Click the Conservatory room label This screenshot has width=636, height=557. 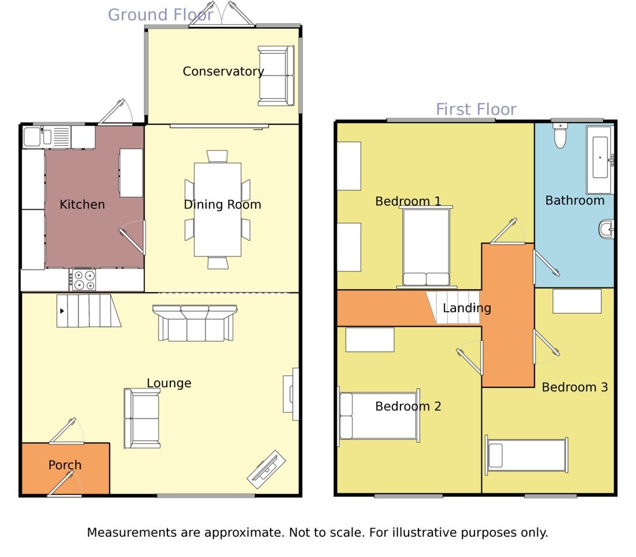coord(223,72)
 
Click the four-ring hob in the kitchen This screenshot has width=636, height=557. coord(84,280)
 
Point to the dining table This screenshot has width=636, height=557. coord(218,209)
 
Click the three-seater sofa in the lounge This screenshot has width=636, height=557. coord(194,324)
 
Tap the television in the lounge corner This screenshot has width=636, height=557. coord(267,469)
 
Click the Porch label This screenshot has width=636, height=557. coord(65,465)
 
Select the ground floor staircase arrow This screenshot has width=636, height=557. coord(62,311)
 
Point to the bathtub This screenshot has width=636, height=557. coord(600,158)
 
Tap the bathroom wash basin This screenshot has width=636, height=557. coord(606,229)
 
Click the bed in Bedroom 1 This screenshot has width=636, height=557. coord(426,247)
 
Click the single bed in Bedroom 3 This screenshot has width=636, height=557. coord(526,455)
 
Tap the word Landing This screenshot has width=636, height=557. coord(466,308)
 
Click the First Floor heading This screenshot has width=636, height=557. coord(476,109)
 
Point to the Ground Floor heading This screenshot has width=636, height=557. coord(160,15)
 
